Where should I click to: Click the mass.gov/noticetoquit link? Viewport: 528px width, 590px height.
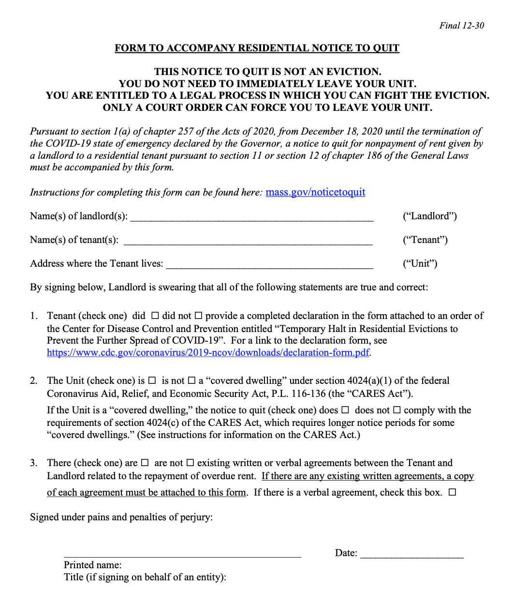pos(315,192)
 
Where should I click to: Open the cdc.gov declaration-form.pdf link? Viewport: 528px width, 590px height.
pos(208,352)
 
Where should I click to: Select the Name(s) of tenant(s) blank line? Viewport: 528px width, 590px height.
pos(248,241)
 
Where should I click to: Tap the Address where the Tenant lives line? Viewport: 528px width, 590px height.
pos(269,264)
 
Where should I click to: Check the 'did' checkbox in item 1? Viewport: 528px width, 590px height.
pos(155,316)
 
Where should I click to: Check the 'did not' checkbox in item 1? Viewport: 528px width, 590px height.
pos(198,316)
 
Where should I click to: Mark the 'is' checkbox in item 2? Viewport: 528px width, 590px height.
pos(152,381)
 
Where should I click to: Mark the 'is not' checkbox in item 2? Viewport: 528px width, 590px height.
pos(191,381)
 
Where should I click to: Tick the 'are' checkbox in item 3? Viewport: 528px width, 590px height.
pos(145,463)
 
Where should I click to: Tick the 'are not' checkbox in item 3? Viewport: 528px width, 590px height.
pos(190,463)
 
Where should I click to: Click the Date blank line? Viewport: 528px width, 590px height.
pos(411,554)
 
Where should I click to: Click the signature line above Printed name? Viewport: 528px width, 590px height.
pos(182,554)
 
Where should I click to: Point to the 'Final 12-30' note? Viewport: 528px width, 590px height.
pos(461,26)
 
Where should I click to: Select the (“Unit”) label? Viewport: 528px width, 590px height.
pos(420,264)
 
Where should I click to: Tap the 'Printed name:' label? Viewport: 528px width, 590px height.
pos(93,565)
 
